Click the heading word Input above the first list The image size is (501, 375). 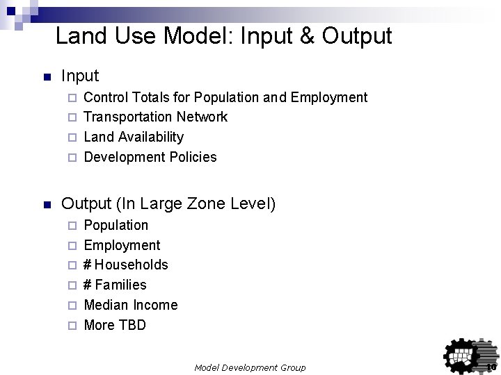pos(80,75)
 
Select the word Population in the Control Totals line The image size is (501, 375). pos(230,97)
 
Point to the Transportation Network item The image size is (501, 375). pos(155,117)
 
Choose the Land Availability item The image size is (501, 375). pos(134,137)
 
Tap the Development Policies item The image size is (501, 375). pos(150,157)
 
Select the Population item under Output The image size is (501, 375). pos(116,225)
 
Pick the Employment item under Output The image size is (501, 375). pos(122,245)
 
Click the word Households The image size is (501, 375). pos(132,265)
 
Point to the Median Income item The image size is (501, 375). pos(130,305)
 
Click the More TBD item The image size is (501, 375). pos(115,325)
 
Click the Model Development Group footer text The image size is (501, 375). pos(249,366)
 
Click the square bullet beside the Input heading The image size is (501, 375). pos(47,76)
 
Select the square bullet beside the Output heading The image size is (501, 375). pos(47,206)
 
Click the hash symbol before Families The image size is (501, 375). pos(88,285)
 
